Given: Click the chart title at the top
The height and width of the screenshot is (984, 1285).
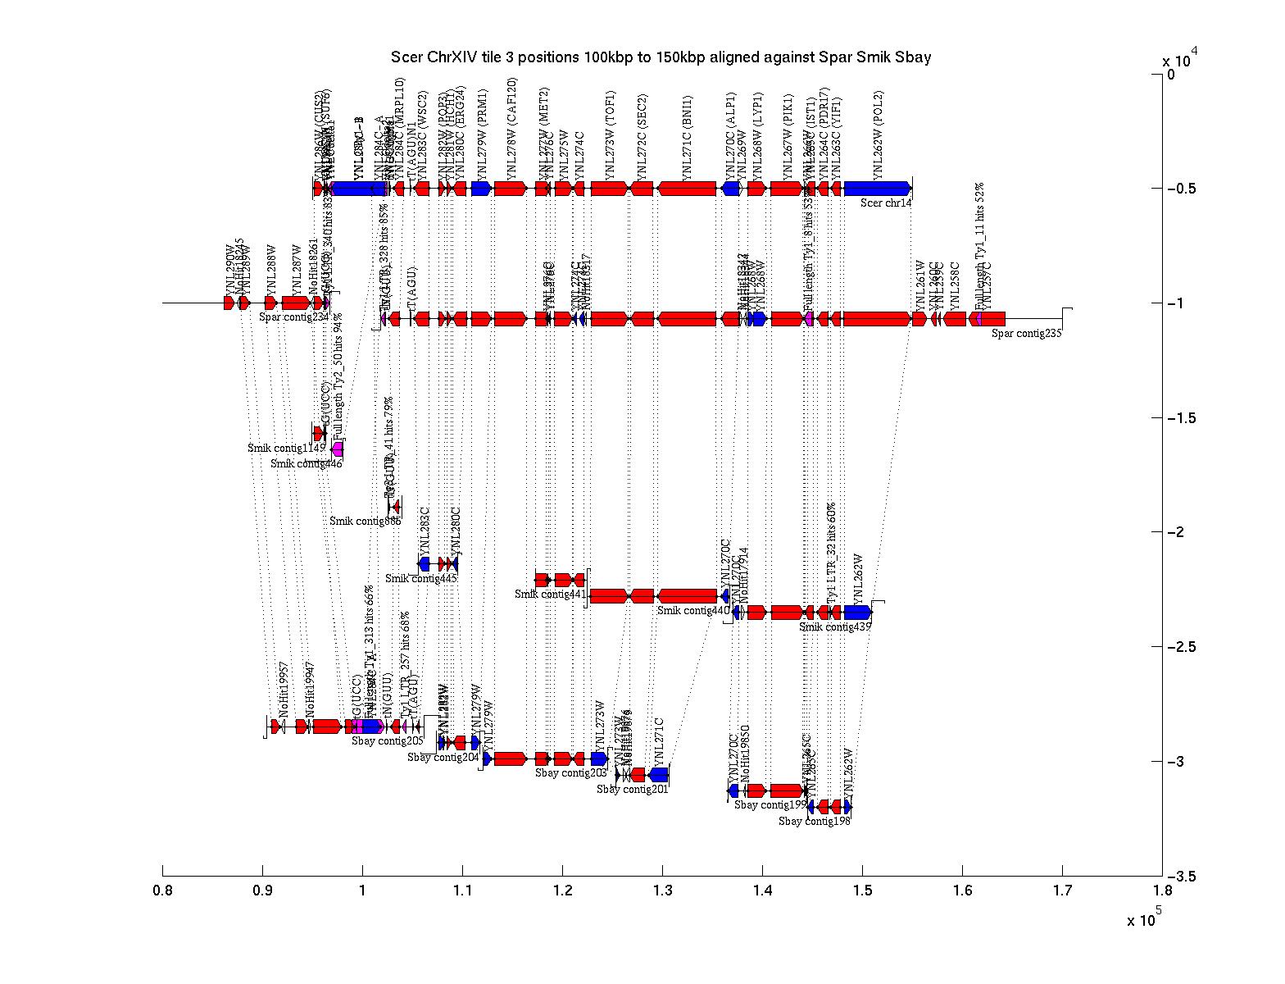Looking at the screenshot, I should (661, 57).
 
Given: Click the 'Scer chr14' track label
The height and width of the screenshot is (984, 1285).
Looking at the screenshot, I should (885, 203).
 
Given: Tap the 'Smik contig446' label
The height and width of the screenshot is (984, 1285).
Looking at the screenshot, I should (306, 463).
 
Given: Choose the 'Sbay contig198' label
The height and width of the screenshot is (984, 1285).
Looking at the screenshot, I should (815, 821).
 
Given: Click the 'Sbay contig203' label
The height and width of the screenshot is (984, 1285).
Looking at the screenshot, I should (571, 772).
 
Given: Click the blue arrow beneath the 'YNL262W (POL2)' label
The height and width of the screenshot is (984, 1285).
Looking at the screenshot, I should (877, 189).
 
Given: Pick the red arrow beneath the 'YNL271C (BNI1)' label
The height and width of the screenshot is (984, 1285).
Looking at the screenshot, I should (687, 189).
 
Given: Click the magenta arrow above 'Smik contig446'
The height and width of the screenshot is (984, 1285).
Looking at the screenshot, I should (338, 449).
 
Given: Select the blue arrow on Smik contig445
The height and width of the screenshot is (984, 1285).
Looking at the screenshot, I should (425, 564).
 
